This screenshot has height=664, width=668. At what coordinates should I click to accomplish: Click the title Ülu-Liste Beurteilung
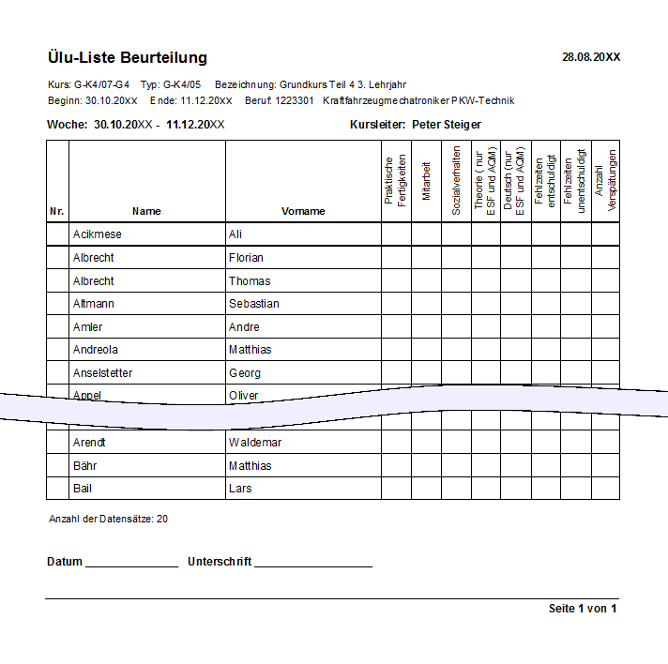[x=127, y=58]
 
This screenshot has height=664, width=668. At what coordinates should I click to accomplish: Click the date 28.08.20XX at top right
[x=591, y=57]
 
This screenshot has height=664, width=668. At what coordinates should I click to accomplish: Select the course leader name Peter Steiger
[x=447, y=125]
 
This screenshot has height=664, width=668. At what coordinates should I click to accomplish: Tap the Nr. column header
[x=57, y=212]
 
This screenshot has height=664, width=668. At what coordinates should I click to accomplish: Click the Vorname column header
[x=303, y=212]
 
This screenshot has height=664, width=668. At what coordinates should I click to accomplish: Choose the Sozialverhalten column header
[x=456, y=181]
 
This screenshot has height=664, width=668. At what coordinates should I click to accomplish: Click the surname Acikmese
[x=98, y=234]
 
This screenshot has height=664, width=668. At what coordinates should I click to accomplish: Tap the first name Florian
[x=246, y=258]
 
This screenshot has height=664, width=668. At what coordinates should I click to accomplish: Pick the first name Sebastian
[x=254, y=304]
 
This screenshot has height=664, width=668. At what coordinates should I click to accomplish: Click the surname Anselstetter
[x=103, y=373]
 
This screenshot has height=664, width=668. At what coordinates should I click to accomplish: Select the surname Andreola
[x=97, y=350]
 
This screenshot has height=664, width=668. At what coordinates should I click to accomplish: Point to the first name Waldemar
[x=255, y=443]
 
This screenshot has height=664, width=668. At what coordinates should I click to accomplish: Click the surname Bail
[x=83, y=489]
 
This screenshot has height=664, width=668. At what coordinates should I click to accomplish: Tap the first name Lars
[x=240, y=489]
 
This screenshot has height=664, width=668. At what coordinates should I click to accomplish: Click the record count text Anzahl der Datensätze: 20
[x=108, y=519]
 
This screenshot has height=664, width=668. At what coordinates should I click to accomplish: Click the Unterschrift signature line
[x=312, y=563]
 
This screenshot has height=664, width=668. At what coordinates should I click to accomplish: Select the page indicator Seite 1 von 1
[x=583, y=610]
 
